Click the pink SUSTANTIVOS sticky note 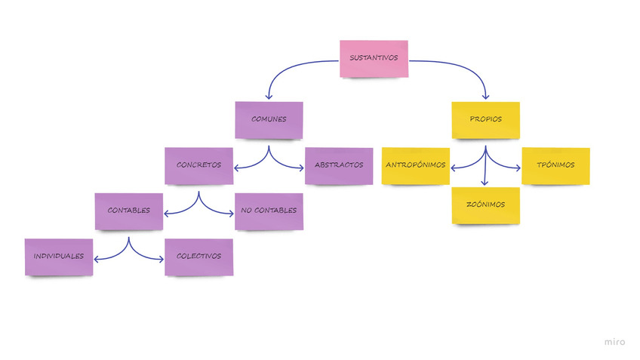pos(374,58)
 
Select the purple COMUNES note pos(269,119)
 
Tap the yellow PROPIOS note pos(485,119)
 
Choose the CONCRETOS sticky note pos(198,165)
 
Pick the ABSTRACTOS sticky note pos(339,165)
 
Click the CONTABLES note pos(128,211)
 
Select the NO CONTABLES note pos(269,211)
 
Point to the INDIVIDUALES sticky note pos(58,257)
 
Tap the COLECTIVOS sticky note pos(198,257)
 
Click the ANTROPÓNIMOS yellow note pos(415,165)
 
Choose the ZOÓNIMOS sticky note pos(485,205)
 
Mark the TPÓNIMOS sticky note pos(555,165)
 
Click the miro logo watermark pos(614,342)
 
